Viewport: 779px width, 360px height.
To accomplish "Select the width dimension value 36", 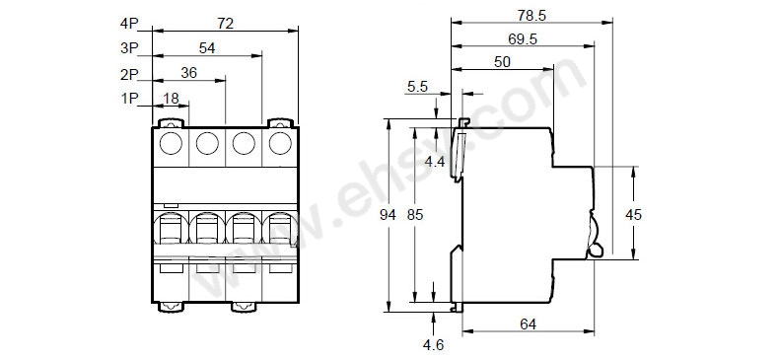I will pos(189,73).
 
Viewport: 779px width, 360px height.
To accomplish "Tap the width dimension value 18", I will pos(171,98).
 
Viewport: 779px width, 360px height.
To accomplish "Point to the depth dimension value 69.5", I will pos(522,40).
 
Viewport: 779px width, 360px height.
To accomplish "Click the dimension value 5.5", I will pos(417,87).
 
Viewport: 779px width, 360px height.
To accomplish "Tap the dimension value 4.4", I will pos(433,160).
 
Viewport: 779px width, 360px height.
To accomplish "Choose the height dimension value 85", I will pos(419,214).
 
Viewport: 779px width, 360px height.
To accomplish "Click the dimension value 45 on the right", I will pos(636,214).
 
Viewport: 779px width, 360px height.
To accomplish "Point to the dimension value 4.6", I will pos(434,346).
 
